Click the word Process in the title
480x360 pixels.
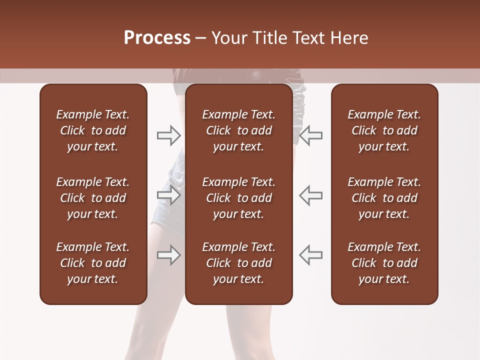pos(157,38)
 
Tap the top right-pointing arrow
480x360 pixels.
pos(168,135)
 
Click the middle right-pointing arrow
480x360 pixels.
pos(168,195)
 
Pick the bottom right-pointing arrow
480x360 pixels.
pos(168,255)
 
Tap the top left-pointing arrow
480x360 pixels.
pos(310,135)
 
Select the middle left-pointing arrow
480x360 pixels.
pos(310,195)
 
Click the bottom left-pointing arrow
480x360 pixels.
pos(310,255)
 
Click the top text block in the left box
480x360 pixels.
pos(93,130)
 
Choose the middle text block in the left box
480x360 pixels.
pos(93,198)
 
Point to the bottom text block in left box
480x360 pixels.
pos(93,263)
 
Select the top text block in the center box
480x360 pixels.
pos(238,130)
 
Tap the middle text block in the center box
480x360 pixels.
pos(238,198)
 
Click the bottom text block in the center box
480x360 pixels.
pos(238,263)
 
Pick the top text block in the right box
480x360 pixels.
pos(384,130)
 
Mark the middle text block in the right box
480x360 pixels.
pos(384,198)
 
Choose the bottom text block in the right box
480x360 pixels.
pos(384,263)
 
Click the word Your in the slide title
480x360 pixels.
pos(228,38)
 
